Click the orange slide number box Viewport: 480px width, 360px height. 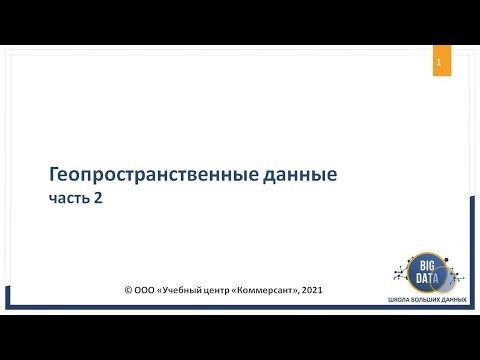(x=438, y=63)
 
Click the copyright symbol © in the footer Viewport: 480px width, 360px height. (x=129, y=290)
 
